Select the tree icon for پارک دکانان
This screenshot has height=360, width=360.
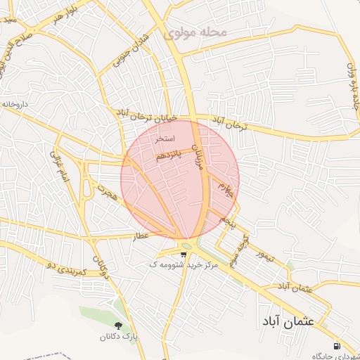pyautogui.click(x=117, y=326)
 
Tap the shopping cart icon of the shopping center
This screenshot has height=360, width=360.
pyautogui.click(x=184, y=255)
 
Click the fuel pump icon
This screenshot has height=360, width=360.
pyautogui.click(x=337, y=346)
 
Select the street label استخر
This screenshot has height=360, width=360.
pyautogui.click(x=162, y=139)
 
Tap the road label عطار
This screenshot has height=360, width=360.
pyautogui.click(x=143, y=237)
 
